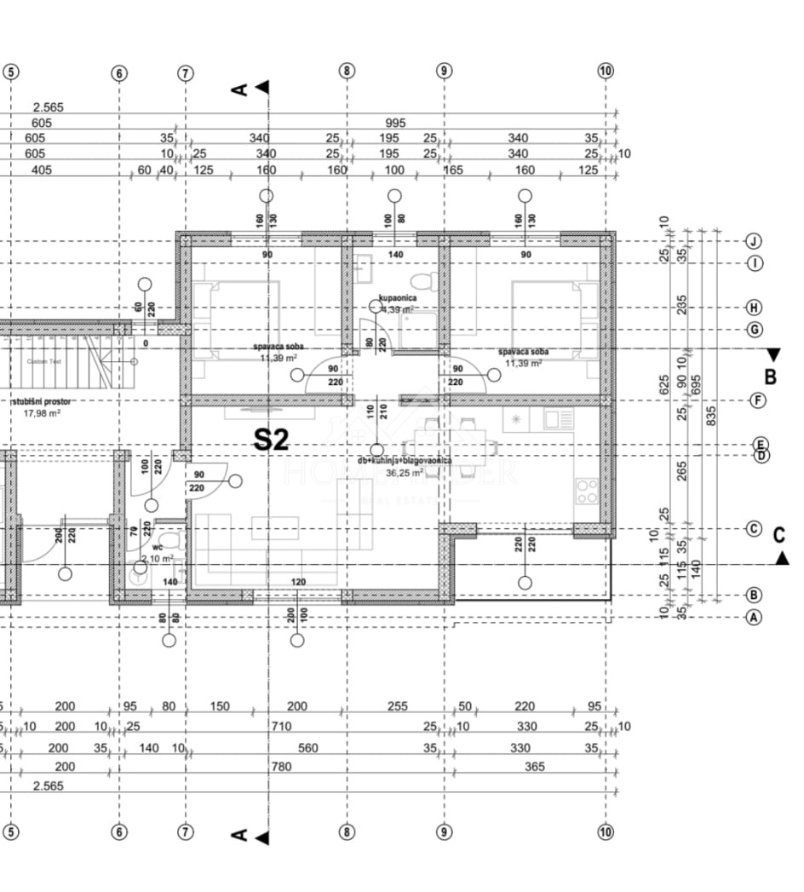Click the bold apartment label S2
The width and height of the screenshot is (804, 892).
click(273, 440)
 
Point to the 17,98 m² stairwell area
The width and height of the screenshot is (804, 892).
click(42, 413)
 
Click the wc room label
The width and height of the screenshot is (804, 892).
click(158, 548)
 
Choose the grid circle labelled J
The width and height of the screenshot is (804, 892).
click(753, 241)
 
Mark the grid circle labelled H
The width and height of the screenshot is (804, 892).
click(753, 307)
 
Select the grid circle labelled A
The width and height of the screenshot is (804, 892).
click(753, 618)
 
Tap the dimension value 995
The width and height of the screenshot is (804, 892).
click(395, 123)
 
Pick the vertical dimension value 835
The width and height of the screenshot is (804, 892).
click(712, 414)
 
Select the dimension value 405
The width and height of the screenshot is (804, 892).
click(41, 170)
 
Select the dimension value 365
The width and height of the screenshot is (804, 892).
click(534, 767)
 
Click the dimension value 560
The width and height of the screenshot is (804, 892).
click(308, 748)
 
